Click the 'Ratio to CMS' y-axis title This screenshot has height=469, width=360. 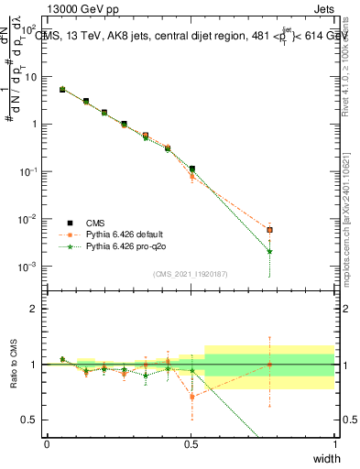click(13, 364)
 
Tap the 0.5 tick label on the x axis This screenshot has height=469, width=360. click(191, 444)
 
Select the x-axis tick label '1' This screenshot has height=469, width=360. click(334, 444)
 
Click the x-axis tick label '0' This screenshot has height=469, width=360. click(47, 444)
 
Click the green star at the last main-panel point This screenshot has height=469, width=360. click(269, 251)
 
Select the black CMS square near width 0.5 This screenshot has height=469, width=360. click(191, 169)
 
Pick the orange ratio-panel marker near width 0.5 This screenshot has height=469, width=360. click(191, 397)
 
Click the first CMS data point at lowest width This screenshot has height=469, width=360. click(62, 90)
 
